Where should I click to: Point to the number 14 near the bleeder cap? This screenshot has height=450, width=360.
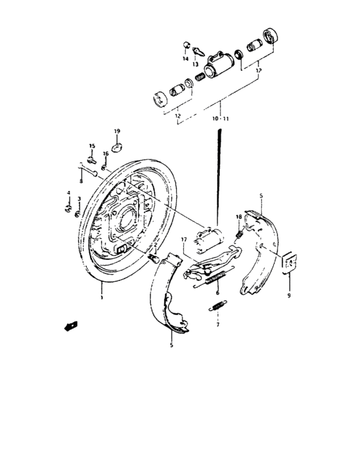185,59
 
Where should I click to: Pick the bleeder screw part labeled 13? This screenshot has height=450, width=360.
199,51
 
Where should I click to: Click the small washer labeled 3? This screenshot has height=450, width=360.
77,213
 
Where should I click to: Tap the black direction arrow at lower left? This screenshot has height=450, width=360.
69,326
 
